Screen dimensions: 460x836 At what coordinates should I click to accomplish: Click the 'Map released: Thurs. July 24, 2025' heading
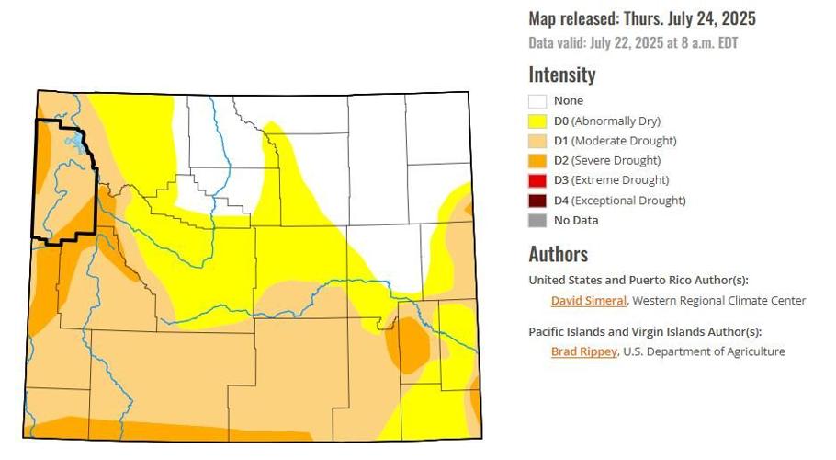[642, 18]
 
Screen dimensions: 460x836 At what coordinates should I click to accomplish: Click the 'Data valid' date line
[633, 43]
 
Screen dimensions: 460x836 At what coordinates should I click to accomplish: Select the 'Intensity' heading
[562, 75]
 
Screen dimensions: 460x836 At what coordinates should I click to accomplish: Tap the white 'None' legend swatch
[537, 101]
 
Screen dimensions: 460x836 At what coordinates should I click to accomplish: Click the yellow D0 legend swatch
[537, 121]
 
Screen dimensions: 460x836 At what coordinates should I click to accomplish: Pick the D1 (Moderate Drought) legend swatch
[537, 141]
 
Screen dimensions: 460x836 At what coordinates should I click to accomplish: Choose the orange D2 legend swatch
[537, 161]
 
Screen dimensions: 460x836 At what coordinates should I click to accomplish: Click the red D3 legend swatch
[537, 180]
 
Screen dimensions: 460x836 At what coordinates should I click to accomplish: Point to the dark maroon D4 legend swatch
[537, 201]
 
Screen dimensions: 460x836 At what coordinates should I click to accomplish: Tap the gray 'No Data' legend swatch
[537, 221]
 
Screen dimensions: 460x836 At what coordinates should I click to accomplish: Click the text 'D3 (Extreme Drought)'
[611, 180]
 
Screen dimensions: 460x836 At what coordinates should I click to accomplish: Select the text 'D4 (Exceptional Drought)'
[619, 201]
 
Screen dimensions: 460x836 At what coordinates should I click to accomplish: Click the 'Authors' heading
[558, 254]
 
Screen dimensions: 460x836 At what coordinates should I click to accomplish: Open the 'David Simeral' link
[588, 301]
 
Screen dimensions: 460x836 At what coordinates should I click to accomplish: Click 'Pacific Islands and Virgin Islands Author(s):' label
[645, 331]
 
